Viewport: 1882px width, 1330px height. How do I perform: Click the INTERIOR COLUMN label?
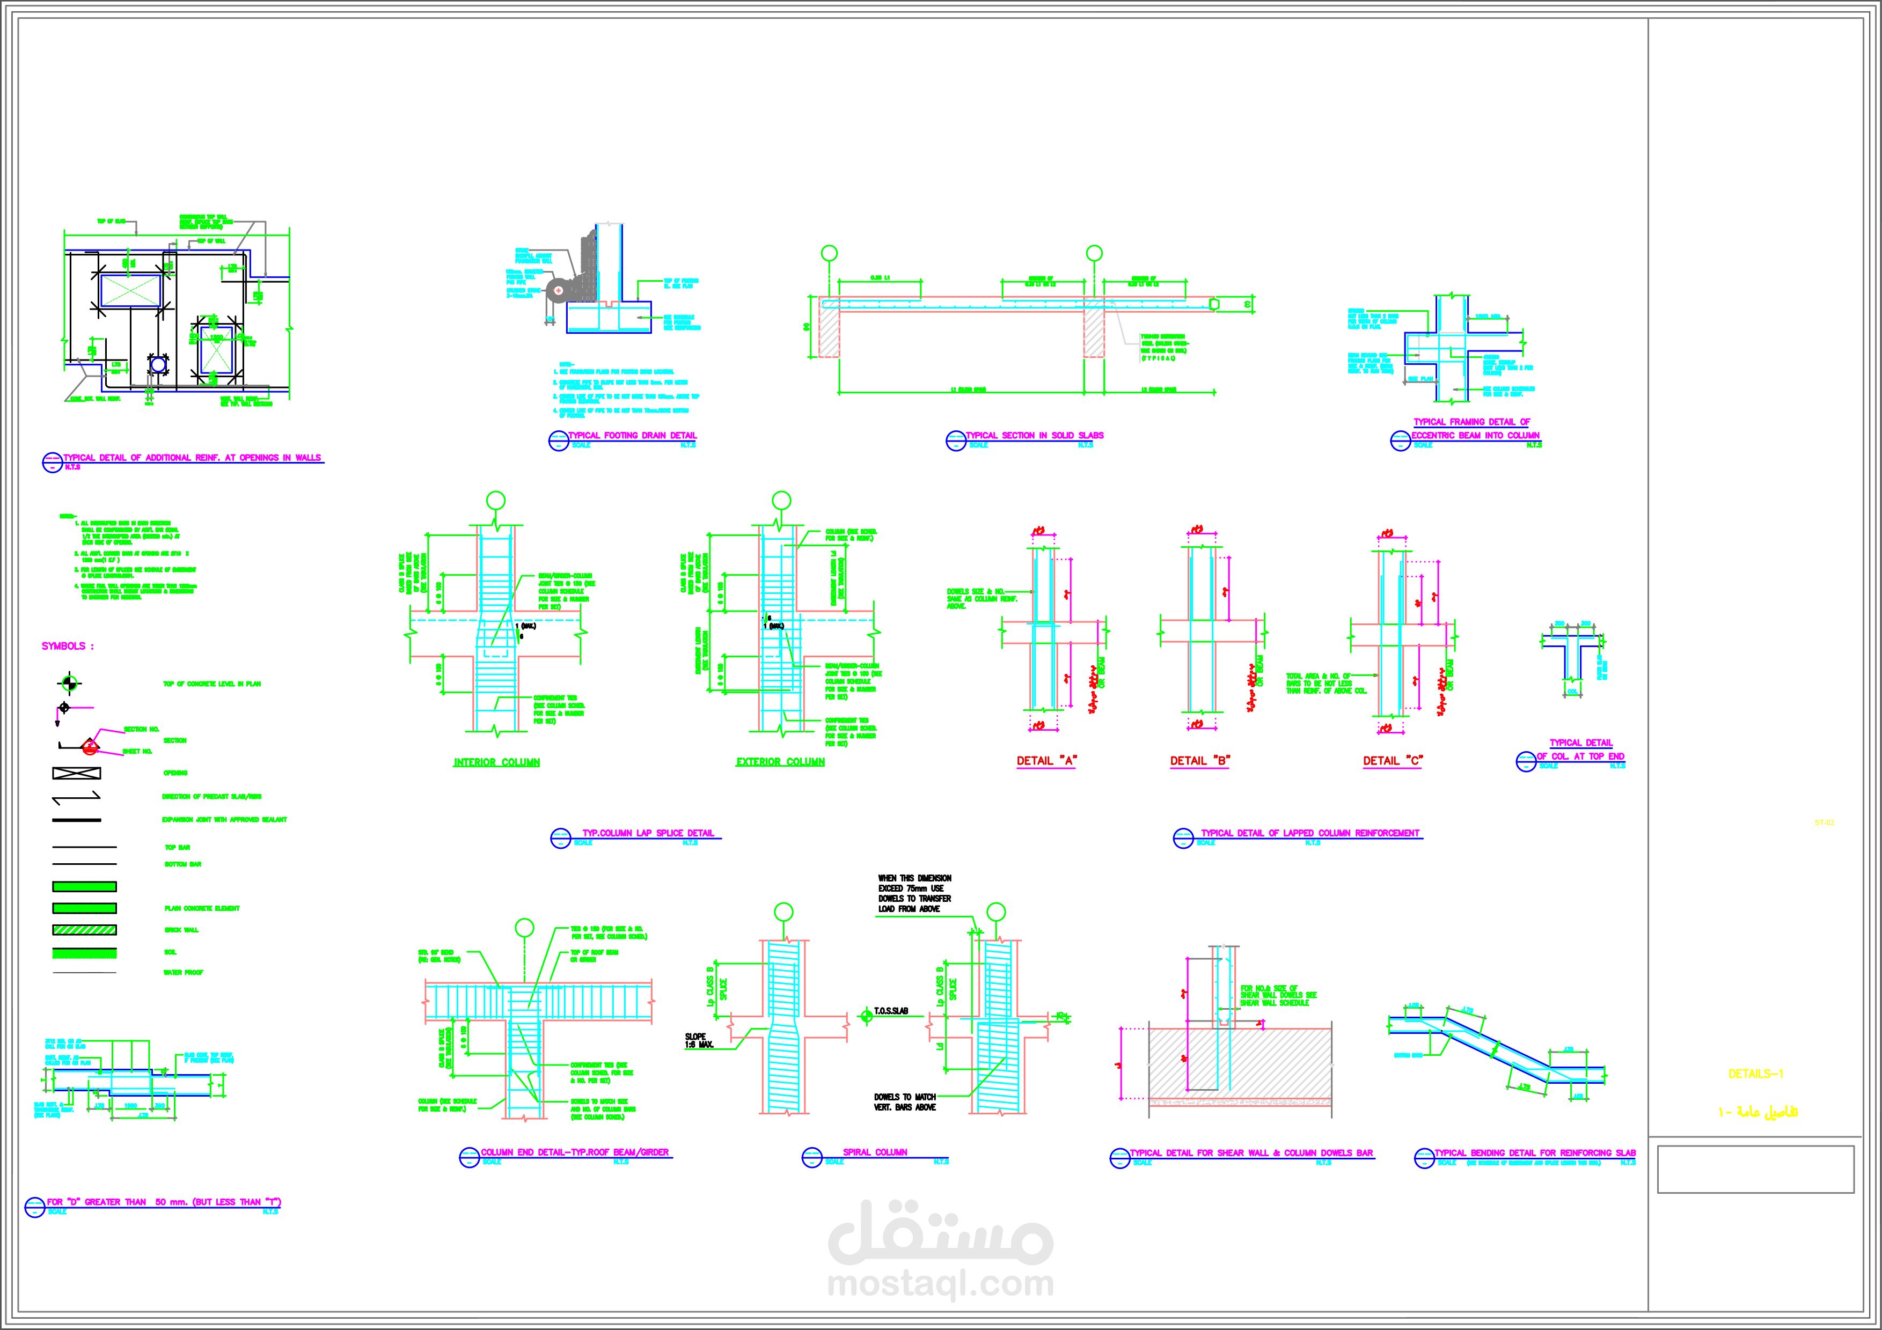click(497, 762)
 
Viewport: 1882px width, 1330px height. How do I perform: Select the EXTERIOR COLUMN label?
click(780, 762)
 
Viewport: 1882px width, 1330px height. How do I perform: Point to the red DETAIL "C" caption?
click(1393, 760)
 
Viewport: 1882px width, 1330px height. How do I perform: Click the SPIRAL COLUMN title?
click(875, 1152)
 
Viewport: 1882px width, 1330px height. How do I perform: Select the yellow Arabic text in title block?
click(1758, 1112)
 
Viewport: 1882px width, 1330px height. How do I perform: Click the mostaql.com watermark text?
click(940, 1283)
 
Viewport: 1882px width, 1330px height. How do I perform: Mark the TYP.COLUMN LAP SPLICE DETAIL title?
click(648, 833)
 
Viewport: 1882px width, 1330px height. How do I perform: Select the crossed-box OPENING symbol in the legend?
click(76, 773)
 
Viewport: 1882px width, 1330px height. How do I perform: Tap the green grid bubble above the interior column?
click(496, 500)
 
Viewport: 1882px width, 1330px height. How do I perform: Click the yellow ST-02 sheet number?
click(1824, 823)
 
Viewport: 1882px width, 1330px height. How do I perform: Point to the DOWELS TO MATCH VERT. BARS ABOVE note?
click(904, 1102)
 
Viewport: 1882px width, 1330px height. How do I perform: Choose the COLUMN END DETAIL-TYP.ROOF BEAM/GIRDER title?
click(575, 1152)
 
